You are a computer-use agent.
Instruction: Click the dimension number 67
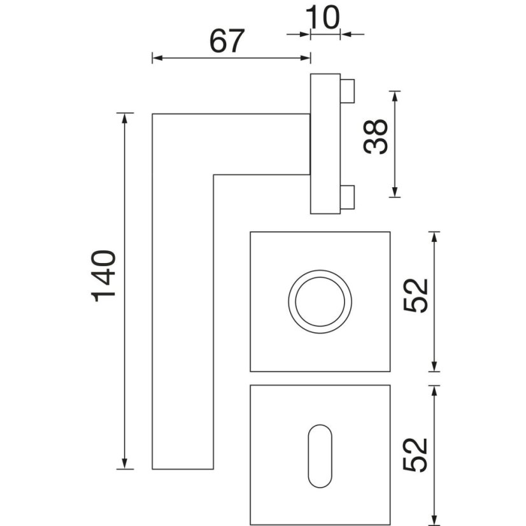pyautogui.click(x=227, y=41)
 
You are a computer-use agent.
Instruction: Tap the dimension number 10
pyautogui.click(x=322, y=17)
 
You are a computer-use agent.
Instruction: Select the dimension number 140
pyautogui.click(x=103, y=276)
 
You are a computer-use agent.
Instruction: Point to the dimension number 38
pyautogui.click(x=375, y=136)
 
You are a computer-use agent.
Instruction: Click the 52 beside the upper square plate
pyautogui.click(x=416, y=295)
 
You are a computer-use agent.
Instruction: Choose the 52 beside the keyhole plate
pyautogui.click(x=416, y=455)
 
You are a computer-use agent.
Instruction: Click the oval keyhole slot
pyautogui.click(x=320, y=456)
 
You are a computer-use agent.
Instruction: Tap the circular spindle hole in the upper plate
pyautogui.click(x=320, y=302)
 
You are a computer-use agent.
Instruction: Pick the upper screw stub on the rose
pyautogui.click(x=348, y=91)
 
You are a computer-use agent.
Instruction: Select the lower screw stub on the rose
pyautogui.click(x=348, y=197)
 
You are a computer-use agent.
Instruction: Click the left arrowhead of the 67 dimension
pyautogui.click(x=157, y=58)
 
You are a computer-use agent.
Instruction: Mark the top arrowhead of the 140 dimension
pyautogui.click(x=125, y=118)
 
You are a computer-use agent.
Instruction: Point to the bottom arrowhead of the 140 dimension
pyautogui.click(x=125, y=464)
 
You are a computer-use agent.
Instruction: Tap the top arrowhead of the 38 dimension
pyautogui.click(x=395, y=96)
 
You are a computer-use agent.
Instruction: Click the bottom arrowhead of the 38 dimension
pyautogui.click(x=395, y=192)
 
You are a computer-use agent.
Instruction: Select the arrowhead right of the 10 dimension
pyautogui.click(x=346, y=34)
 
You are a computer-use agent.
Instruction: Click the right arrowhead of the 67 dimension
pyautogui.click(x=305, y=58)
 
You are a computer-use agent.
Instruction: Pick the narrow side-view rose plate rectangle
pyautogui.click(x=325, y=143)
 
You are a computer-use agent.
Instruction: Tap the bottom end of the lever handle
pyautogui.click(x=183, y=469)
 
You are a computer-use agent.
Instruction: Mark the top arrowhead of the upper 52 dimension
pyautogui.click(x=434, y=237)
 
